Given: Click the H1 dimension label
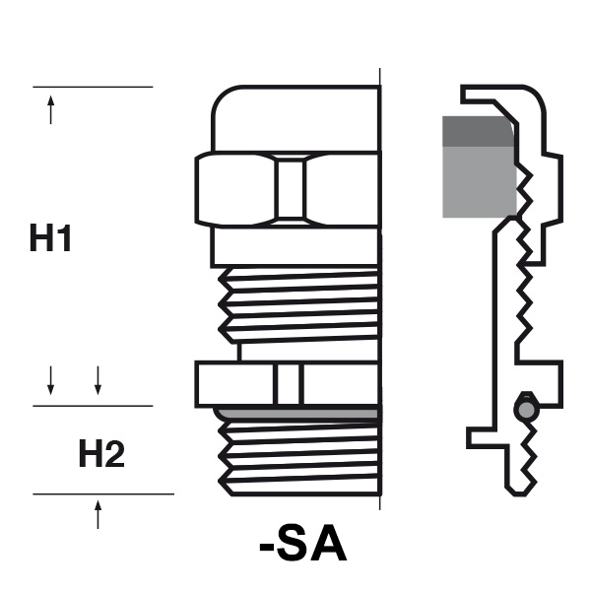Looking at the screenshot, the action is (x=50, y=237).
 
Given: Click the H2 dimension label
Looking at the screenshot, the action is (x=101, y=453).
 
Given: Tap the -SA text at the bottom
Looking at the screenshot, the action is (x=303, y=543).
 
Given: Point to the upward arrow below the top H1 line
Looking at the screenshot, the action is (x=51, y=109).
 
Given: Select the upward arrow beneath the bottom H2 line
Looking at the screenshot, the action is (x=98, y=514).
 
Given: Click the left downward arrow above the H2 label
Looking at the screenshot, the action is (x=50, y=380).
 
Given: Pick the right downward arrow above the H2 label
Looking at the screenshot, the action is (x=98, y=380).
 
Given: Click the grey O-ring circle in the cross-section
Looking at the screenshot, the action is (x=526, y=410).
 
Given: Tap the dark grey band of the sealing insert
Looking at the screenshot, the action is (x=479, y=131).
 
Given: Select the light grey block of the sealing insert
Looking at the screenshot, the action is (x=480, y=181).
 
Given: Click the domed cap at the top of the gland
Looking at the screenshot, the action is (x=296, y=119).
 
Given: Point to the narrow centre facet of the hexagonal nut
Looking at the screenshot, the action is (x=290, y=189).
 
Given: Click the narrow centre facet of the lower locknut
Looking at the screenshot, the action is (x=289, y=384).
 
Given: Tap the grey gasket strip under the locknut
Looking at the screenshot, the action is (x=296, y=414).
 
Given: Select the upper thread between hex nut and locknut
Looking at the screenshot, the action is (x=298, y=305).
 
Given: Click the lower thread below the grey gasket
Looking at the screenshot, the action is (x=298, y=458).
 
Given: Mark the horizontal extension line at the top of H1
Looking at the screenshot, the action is (x=93, y=87).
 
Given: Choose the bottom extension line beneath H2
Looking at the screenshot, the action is (x=103, y=493).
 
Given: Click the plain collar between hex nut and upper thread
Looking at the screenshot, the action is (x=295, y=247).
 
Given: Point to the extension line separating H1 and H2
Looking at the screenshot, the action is (x=93, y=406).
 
